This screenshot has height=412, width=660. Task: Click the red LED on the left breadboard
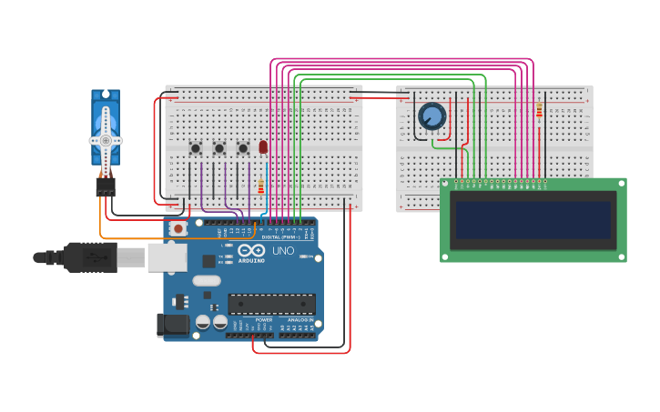263,146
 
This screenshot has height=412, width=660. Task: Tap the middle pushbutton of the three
219,148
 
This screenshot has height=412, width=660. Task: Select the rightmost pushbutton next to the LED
243,148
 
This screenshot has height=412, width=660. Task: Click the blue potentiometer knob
432,116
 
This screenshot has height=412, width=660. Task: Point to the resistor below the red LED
261,186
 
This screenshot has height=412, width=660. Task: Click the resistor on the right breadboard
539,110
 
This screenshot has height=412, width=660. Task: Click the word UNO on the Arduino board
283,250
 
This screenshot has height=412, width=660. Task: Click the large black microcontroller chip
272,304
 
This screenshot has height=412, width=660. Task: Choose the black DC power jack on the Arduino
171,325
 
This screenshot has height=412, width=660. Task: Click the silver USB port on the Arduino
167,257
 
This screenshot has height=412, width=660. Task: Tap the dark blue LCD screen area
533,219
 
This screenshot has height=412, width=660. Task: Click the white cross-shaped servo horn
106,141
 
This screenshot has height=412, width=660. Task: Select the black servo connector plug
106,186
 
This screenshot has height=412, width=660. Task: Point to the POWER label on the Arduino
264,320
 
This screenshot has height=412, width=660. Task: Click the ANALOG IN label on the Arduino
300,320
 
